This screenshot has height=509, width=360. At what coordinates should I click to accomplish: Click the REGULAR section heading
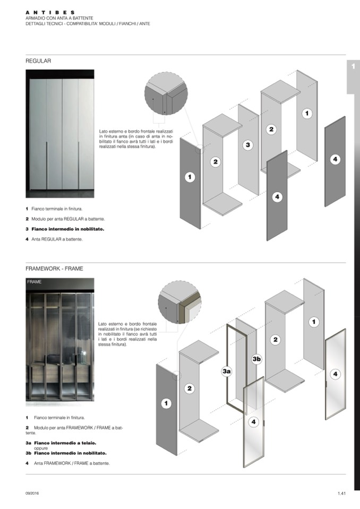[38, 61]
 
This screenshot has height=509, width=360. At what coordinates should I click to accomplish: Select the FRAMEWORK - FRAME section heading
[54, 269]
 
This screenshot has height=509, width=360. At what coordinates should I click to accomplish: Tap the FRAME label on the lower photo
[35, 282]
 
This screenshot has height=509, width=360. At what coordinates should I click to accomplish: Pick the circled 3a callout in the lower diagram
[227, 372]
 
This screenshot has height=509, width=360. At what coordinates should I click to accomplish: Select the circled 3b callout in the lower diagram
[257, 359]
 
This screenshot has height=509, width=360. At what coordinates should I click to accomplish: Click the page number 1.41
[341, 494]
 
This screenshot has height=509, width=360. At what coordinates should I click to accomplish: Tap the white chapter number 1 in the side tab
[353, 67]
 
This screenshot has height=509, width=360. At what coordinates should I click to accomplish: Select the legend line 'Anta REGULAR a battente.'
[57, 239]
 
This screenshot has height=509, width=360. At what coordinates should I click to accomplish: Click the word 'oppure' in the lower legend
[41, 448]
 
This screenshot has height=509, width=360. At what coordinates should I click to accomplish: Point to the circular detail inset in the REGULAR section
[166, 93]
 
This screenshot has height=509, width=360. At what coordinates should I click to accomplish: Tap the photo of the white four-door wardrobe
[59, 133]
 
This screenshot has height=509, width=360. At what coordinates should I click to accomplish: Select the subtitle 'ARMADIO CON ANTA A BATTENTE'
[59, 18]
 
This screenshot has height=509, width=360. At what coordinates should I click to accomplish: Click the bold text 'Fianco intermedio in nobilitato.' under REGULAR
[67, 229]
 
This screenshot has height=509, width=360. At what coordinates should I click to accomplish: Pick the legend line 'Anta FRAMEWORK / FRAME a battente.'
[72, 463]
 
